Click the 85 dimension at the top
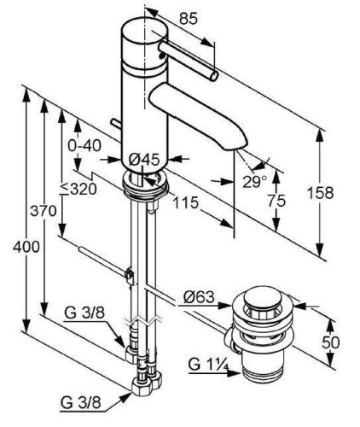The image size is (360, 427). (x=189, y=19)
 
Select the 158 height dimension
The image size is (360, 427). (x=321, y=193)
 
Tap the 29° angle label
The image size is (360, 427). (x=255, y=182)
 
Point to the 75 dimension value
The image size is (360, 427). (x=276, y=201)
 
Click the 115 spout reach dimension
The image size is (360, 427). (x=186, y=202)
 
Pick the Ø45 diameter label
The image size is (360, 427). (x=144, y=160)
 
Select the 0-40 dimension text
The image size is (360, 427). (x=84, y=146)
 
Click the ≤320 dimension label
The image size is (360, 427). (x=78, y=189)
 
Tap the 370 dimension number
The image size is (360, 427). (x=44, y=211)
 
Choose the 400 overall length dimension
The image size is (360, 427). (x=26, y=247)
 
